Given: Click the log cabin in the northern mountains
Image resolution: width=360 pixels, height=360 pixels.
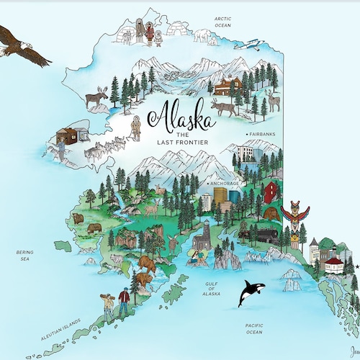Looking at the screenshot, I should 228,85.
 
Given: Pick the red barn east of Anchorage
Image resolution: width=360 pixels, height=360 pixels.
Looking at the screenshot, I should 270,192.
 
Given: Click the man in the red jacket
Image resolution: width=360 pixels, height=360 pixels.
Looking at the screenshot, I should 124,301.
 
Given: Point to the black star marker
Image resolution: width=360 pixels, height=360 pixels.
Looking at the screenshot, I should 356,267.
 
